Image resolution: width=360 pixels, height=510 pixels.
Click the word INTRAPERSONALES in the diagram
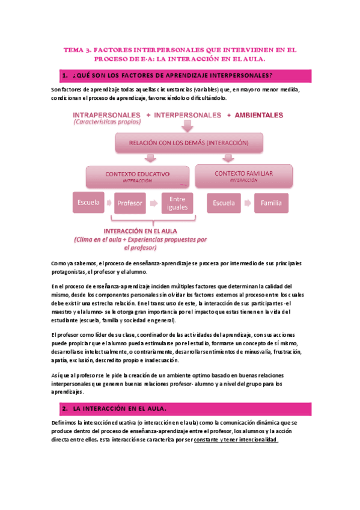(x=106, y=115)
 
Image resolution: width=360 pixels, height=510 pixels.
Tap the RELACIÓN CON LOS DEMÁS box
(x=188, y=143)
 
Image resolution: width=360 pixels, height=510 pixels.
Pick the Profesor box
(x=130, y=203)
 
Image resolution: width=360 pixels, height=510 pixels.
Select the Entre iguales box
(x=177, y=203)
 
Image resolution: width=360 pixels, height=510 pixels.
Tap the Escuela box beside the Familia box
(x=224, y=203)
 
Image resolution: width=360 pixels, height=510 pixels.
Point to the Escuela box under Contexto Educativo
(x=88, y=203)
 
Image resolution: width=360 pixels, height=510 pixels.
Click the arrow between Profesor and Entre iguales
(x=154, y=203)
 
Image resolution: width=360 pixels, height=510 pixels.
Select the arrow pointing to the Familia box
(x=248, y=203)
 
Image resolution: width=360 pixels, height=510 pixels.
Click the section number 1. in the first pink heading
(x=64, y=75)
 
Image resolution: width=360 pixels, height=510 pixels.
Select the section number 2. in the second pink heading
(x=64, y=408)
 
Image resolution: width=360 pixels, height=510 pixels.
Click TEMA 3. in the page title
(x=80, y=51)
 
